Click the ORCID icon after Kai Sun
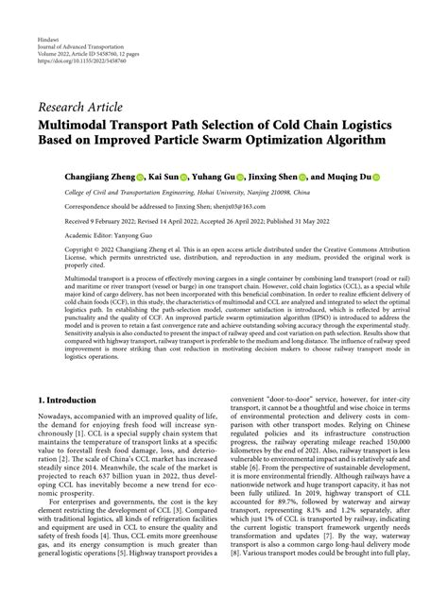point(183,177)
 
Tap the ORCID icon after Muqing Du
point(375,177)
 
